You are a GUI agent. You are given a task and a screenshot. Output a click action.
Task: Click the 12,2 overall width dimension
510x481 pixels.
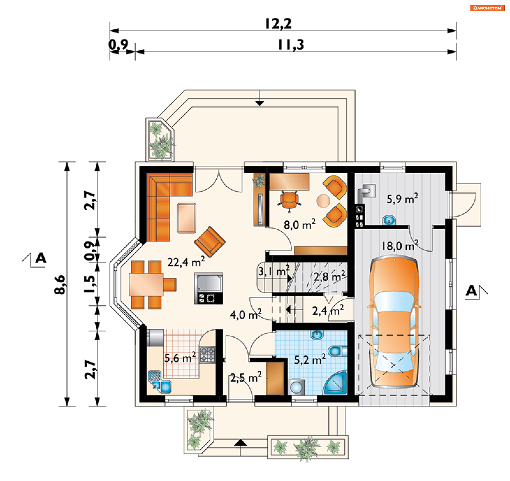pos(278,23)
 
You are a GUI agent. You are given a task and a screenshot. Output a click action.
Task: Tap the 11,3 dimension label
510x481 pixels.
pos(291,45)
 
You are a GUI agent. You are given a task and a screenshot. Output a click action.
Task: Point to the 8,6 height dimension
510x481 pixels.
pos(60,285)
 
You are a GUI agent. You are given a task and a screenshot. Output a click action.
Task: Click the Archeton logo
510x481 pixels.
pos(487,8)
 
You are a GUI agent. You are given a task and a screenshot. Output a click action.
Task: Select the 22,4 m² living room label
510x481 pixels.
pos(186,262)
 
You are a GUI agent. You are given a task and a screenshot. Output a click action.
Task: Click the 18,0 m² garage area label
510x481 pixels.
pos(400,245)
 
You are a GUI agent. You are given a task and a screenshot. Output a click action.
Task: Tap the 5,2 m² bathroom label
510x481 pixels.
pos(310,359)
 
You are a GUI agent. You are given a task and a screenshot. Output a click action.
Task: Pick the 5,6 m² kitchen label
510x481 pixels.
pos(180,357)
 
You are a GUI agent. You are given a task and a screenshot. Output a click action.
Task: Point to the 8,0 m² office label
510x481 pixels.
pos(299,224)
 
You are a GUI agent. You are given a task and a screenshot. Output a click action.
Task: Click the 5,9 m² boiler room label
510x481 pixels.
pos(402,199)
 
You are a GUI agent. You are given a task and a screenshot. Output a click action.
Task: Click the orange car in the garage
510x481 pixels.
pos(394,321)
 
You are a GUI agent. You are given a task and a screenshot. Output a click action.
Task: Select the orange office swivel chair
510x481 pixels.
pos(289,201)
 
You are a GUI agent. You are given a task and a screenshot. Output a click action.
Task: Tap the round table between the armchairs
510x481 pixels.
pos(323,201)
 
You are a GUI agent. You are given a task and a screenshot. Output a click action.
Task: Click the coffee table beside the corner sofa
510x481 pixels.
pos(186,218)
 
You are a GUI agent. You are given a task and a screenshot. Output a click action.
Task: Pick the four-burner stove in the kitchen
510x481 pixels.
pos(207,355)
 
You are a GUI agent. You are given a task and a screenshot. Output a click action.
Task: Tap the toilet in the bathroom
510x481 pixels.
pos(338,351)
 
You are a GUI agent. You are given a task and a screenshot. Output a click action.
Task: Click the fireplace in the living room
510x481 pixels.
pos(209,288)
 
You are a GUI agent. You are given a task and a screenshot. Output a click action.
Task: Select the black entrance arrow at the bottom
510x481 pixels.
pos(240,443)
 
